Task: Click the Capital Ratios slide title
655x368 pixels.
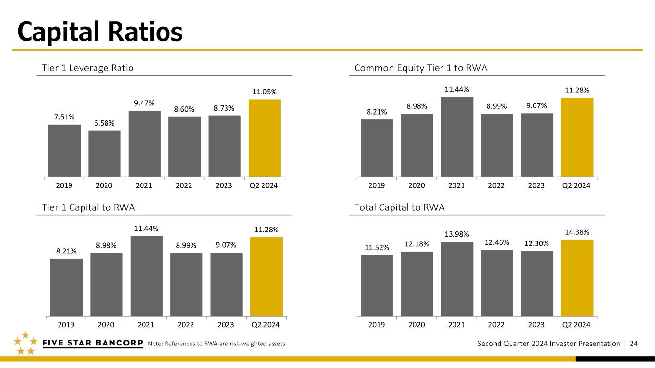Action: pyautogui.click(x=100, y=32)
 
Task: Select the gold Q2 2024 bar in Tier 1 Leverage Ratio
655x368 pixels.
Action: pyautogui.click(x=264, y=138)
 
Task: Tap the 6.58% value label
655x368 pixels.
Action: pyautogui.click(x=104, y=123)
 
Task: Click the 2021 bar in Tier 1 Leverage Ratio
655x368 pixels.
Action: pyautogui.click(x=144, y=144)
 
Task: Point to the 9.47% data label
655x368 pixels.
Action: pyautogui.click(x=144, y=103)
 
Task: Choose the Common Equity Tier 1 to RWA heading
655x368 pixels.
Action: pyautogui.click(x=420, y=68)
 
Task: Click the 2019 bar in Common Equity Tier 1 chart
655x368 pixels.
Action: pyautogui.click(x=377, y=148)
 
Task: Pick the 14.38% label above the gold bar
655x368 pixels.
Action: pyautogui.click(x=577, y=232)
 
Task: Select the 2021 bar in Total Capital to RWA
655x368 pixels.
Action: pyautogui.click(x=457, y=279)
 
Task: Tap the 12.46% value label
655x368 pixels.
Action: pyautogui.click(x=497, y=242)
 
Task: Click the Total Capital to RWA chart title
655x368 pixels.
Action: pyautogui.click(x=399, y=207)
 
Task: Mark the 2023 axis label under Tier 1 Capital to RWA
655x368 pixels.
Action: pyautogui.click(x=226, y=325)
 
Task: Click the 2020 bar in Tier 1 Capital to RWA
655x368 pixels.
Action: pyautogui.click(x=107, y=285)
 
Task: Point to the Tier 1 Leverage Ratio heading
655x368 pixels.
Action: pyautogui.click(x=87, y=68)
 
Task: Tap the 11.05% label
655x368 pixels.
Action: pyautogui.click(x=264, y=92)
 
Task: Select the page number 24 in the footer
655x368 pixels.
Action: pyautogui.click(x=634, y=344)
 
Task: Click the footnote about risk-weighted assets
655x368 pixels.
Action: pyautogui.click(x=217, y=344)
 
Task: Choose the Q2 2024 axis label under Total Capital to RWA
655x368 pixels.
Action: pyautogui.click(x=576, y=325)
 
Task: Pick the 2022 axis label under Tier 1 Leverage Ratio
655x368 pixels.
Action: pyautogui.click(x=184, y=185)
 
